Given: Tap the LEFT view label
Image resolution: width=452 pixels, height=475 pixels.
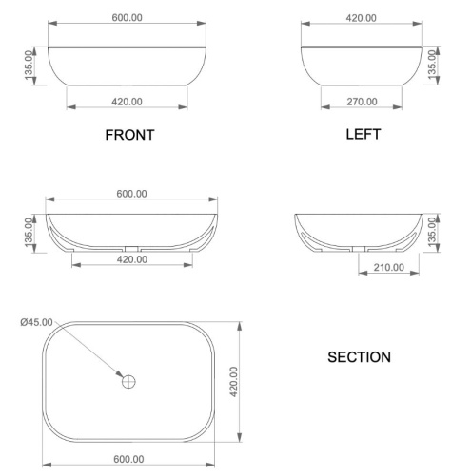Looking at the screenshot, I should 363,134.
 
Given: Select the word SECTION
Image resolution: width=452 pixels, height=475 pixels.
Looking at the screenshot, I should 359,358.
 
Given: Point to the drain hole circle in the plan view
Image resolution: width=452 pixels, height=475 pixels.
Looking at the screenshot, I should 129,382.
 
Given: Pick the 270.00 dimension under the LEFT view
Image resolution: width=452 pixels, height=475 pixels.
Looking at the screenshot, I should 362,102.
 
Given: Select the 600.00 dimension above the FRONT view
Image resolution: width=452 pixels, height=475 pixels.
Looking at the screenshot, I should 128,18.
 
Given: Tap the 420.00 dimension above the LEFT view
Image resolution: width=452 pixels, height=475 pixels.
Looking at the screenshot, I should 362,18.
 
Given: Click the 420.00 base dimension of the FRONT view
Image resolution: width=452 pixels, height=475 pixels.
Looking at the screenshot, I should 128,102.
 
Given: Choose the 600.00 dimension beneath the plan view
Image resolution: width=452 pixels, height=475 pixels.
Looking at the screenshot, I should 128,460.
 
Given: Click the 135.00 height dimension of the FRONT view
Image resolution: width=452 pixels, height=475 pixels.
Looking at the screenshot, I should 29,66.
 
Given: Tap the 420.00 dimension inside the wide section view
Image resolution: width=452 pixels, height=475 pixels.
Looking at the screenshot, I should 130,258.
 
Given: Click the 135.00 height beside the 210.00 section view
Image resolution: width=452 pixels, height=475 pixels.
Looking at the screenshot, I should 433,233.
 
